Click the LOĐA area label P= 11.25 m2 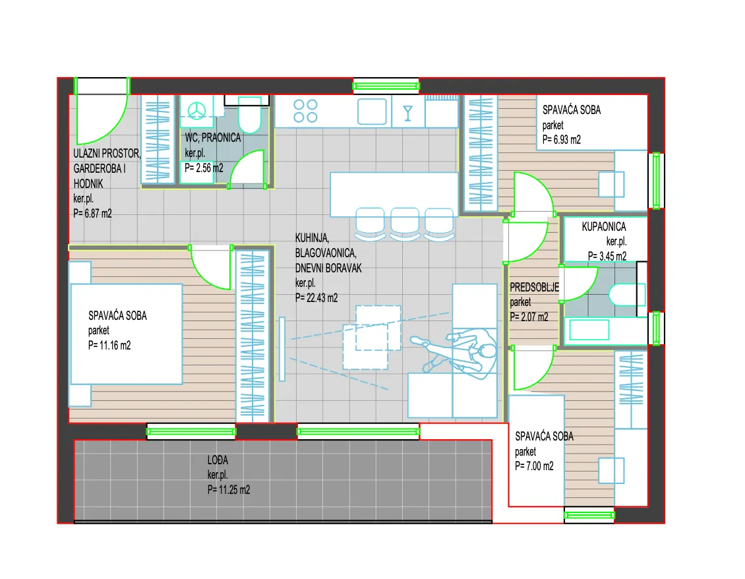click(x=229, y=489)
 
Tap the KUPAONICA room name click(x=604, y=227)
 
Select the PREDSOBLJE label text click(x=535, y=287)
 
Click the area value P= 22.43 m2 click(x=316, y=297)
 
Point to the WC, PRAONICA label click(x=213, y=138)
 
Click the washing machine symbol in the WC click(x=196, y=111)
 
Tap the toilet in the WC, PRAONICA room click(x=249, y=115)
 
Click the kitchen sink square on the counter click(x=372, y=111)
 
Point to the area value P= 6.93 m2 click(x=562, y=140)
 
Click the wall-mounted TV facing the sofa click(x=282, y=349)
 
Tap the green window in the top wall click(x=386, y=86)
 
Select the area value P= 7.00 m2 click(x=534, y=466)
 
